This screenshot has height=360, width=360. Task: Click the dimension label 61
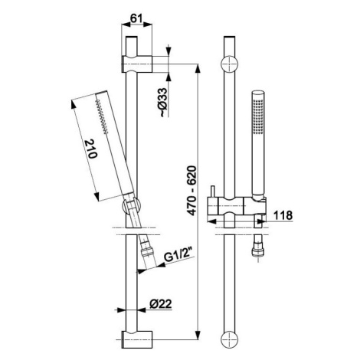coord(136,18)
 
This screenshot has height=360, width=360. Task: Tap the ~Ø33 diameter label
coord(164,103)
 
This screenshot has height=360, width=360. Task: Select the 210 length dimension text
coord(91,149)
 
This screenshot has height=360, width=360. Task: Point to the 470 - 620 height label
coord(191,190)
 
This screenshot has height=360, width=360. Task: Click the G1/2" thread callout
coord(180,256)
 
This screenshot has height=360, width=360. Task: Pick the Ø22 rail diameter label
coord(161,304)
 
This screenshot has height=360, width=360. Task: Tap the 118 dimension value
coord(283,215)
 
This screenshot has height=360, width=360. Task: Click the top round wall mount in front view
coord(229,64)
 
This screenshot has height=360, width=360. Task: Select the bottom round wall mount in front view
coord(229,339)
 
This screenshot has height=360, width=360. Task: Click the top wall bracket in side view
coord(136,64)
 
